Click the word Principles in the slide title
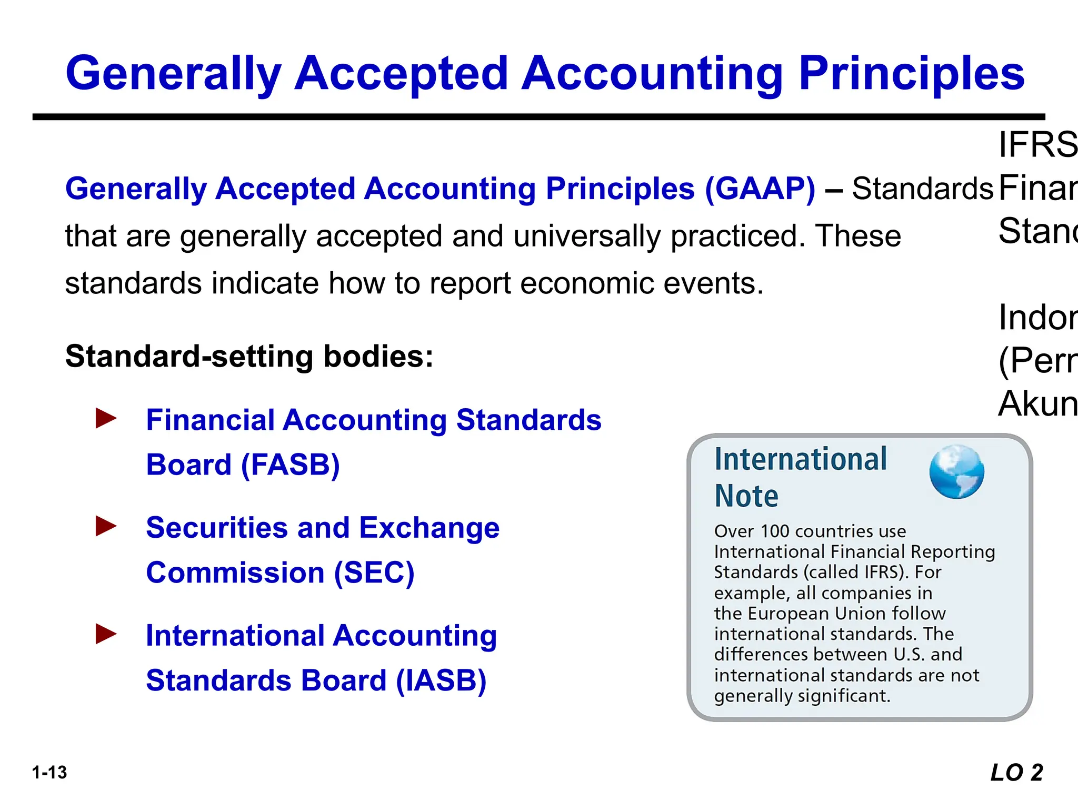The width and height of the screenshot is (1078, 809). point(911,74)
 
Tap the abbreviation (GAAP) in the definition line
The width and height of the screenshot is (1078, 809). point(760,189)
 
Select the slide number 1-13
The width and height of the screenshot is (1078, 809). point(49,773)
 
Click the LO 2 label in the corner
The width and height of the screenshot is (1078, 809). point(1016,773)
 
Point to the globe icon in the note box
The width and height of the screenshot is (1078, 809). point(956,472)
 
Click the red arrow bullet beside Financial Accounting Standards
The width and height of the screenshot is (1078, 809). point(106,419)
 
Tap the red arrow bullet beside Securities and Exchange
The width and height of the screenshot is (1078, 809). point(106,526)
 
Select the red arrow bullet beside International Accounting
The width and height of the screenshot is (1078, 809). point(106,634)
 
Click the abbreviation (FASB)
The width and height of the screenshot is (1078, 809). point(290,465)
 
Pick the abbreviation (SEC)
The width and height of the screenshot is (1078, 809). point(374,573)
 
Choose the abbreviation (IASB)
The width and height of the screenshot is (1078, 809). point(441,680)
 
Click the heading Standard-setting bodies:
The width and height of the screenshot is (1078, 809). point(249,357)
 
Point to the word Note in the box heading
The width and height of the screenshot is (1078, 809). point(746,496)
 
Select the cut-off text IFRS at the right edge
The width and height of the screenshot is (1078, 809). point(1037,144)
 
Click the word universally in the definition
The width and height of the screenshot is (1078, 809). point(586,236)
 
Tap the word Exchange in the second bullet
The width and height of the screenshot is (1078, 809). point(429,528)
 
